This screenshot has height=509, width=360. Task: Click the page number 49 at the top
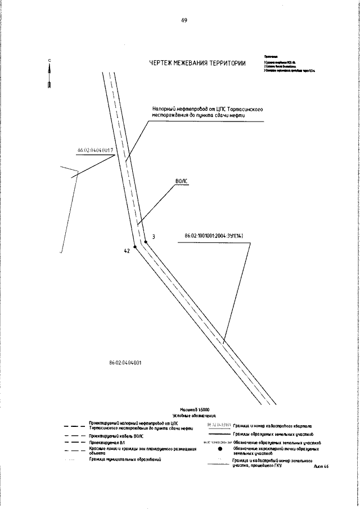[x=184, y=20]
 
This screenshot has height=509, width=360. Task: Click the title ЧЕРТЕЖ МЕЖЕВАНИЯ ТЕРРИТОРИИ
[x=197, y=63]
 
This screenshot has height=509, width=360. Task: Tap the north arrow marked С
[x=50, y=73]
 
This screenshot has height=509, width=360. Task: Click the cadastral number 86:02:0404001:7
[x=96, y=150]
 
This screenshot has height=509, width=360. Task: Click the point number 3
[x=154, y=237]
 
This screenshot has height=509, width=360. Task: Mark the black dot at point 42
[x=135, y=246]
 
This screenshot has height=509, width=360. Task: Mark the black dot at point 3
[x=146, y=241]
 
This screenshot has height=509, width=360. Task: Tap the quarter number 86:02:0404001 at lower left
[x=125, y=363]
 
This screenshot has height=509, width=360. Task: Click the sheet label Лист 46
[x=321, y=466]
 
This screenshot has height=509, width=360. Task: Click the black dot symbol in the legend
[x=220, y=450]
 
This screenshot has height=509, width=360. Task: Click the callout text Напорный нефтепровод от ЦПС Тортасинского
[x=208, y=110]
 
